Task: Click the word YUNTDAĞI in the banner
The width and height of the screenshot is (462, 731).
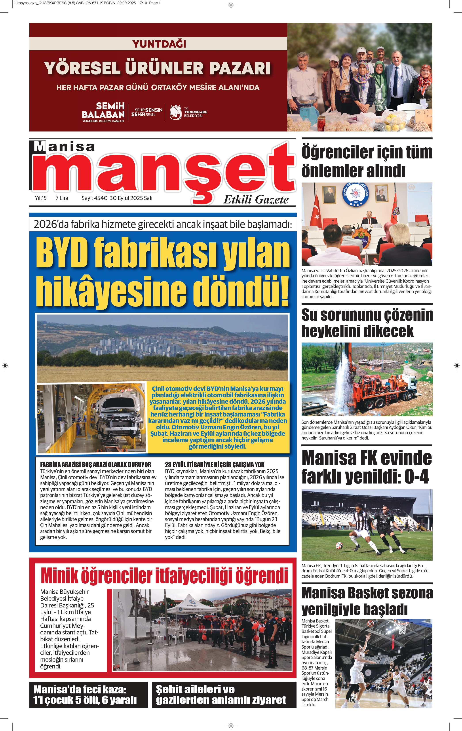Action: [x=159, y=44]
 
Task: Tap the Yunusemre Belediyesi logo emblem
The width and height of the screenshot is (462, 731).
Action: [x=175, y=112]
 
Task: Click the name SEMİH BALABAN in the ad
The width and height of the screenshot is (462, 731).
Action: [x=103, y=110]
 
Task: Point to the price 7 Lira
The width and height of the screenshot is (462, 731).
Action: [x=62, y=198]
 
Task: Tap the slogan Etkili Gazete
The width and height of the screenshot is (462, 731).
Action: [x=256, y=200]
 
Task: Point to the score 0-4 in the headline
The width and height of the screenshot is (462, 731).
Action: [x=416, y=477]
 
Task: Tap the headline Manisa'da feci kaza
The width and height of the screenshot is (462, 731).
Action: [x=80, y=689]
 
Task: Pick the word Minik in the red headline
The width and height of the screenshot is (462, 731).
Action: [x=58, y=576]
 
